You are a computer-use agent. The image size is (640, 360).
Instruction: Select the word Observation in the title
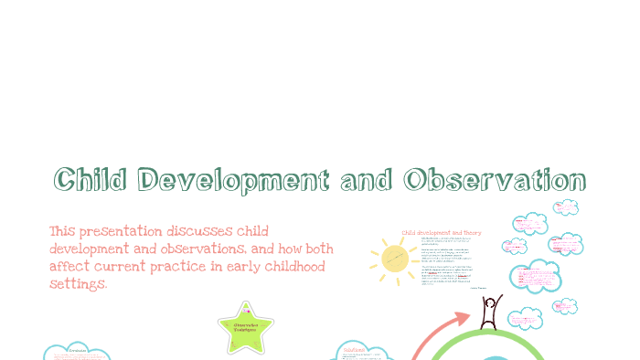(x=493, y=181)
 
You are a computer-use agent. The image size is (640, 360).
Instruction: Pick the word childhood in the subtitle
(x=290, y=266)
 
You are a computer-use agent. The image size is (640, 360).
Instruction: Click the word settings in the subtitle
(x=78, y=284)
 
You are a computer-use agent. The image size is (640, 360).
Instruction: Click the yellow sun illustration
(x=396, y=259)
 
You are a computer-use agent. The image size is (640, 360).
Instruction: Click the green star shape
(x=245, y=328)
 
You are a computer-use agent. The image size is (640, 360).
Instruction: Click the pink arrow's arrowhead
(x=463, y=319)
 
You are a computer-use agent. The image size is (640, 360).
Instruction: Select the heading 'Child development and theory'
(x=442, y=233)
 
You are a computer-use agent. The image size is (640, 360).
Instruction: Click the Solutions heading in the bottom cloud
(x=354, y=349)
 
